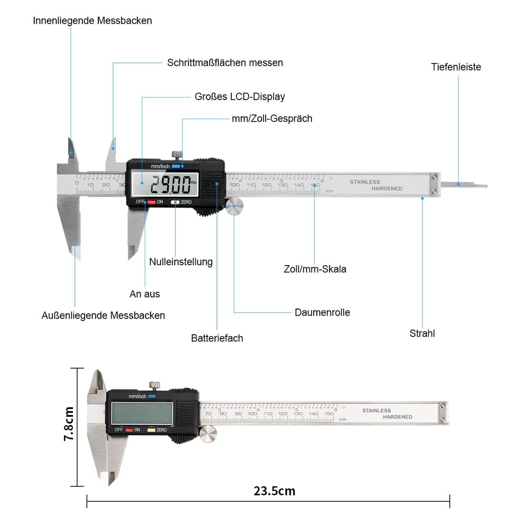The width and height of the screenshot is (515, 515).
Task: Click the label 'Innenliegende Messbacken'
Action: click(x=93, y=21)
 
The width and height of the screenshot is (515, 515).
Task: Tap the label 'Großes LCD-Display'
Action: click(x=239, y=97)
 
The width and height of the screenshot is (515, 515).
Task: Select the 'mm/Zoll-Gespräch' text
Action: click(x=272, y=119)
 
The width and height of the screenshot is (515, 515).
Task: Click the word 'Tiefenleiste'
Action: click(x=456, y=67)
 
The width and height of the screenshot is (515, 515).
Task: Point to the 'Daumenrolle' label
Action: click(x=322, y=313)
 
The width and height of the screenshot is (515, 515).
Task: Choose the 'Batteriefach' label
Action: click(x=217, y=339)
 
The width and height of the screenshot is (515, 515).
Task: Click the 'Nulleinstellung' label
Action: click(x=181, y=262)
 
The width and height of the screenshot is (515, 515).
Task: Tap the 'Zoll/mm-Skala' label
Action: click(x=315, y=269)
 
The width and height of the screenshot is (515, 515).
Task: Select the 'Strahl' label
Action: click(x=422, y=334)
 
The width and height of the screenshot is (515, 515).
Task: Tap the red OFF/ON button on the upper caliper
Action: click(x=151, y=202)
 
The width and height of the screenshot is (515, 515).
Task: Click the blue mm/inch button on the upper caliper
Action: click(x=176, y=166)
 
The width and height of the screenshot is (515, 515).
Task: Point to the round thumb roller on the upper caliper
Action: click(x=234, y=206)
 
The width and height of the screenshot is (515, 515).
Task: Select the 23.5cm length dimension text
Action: click(x=274, y=491)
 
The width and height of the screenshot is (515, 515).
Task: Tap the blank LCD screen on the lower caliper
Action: click(x=142, y=413)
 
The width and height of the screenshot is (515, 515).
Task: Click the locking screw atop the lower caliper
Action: click(x=154, y=385)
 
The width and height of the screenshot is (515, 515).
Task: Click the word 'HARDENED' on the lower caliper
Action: click(x=398, y=417)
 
